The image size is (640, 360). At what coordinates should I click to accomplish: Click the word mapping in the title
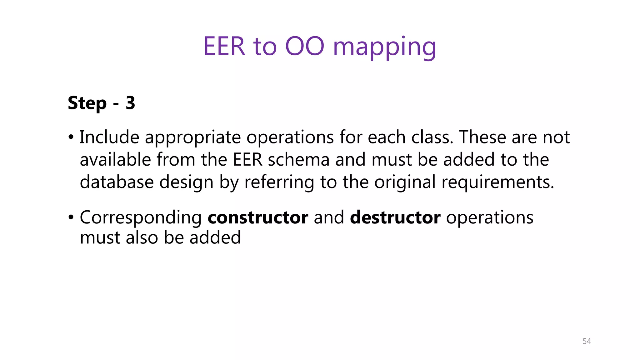pyautogui.click(x=384, y=47)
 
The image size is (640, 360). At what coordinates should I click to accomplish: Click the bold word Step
pyautogui.click(x=87, y=103)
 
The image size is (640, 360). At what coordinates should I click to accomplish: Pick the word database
pyautogui.click(x=117, y=182)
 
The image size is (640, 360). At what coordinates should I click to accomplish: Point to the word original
pyautogui.click(x=405, y=182)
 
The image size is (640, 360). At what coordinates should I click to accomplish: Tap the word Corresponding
pyautogui.click(x=141, y=218)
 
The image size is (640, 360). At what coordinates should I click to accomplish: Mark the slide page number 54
pyautogui.click(x=587, y=341)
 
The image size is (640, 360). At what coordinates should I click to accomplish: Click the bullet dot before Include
pyautogui.click(x=71, y=137)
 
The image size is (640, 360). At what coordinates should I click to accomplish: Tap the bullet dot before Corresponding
pyautogui.click(x=71, y=217)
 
